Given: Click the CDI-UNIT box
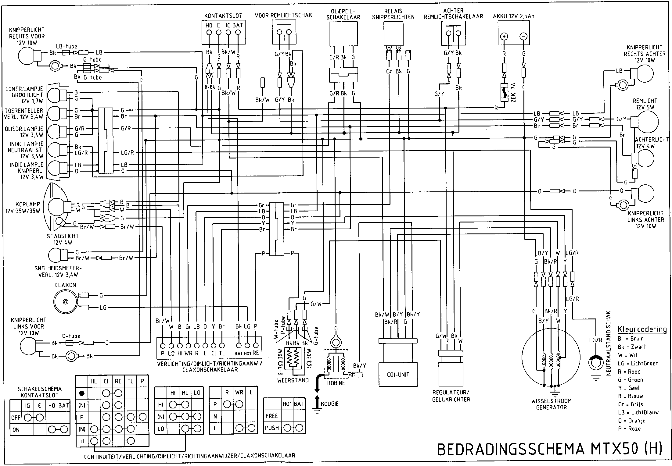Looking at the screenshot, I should coord(398,375).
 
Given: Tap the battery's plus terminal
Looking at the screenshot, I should coord(504,37).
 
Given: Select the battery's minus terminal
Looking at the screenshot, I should coord(523,37).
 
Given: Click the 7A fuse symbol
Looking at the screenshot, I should coord(504,93).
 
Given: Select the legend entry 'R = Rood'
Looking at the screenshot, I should coord(629,372).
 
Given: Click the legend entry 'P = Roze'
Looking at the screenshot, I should coord(629,429).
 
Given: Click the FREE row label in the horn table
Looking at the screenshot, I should coord(271,416).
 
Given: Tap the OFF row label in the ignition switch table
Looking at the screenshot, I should coord(16,418).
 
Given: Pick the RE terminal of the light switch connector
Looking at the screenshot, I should coord(256,346).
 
